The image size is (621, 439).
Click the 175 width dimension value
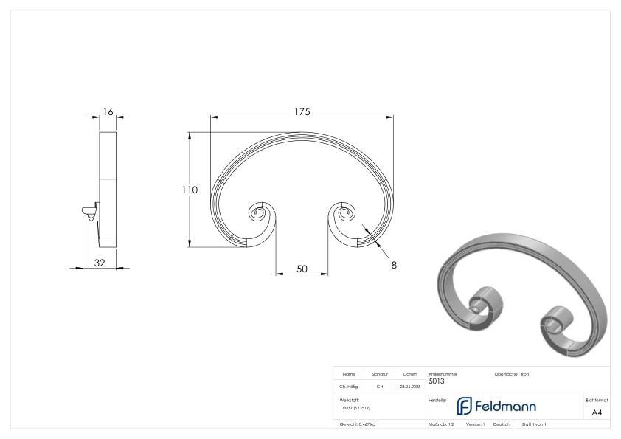pos(301,111)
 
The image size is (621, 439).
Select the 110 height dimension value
pos(190,190)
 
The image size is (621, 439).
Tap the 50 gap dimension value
pos(302,269)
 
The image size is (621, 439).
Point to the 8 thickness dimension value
pos(393,265)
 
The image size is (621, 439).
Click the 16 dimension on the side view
pos(108,111)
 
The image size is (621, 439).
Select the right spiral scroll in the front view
pos(344,215)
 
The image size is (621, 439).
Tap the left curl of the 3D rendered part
pos(485,305)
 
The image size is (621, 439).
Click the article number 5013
pos(437,381)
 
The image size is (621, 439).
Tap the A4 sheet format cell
pos(597,412)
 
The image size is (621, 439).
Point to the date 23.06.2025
pos(409,386)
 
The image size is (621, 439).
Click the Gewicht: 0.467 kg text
pos(358,425)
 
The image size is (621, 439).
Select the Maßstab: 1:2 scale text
pos(441,425)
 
